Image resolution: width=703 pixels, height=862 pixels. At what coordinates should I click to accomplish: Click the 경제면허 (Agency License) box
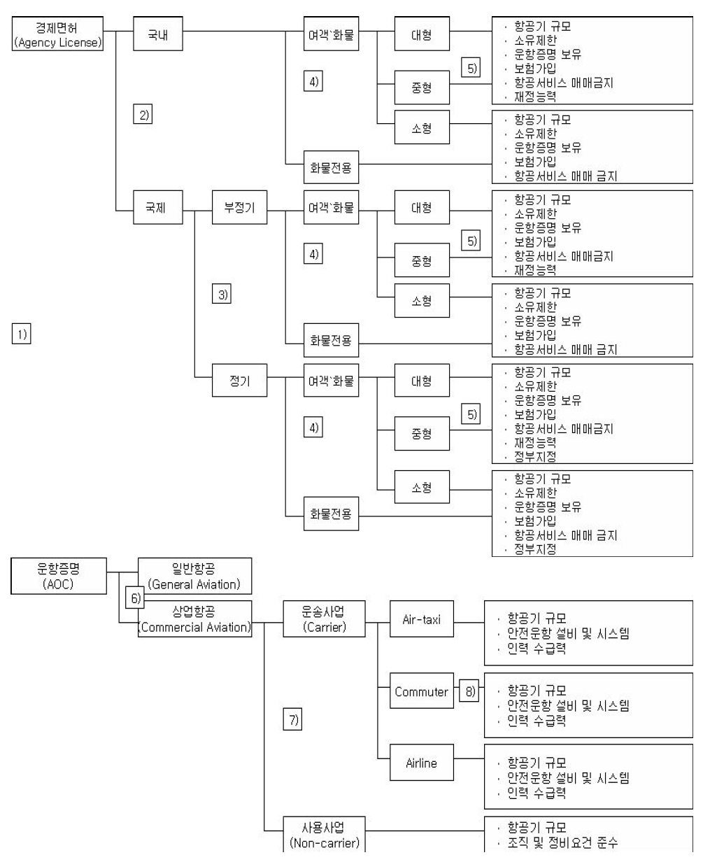[59, 32]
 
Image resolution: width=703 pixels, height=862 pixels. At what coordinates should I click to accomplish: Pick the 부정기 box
[239, 208]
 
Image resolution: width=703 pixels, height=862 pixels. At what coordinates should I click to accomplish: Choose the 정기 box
[239, 382]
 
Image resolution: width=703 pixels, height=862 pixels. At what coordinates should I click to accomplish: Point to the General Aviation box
[194, 576]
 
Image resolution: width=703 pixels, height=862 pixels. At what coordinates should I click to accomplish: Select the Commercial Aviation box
[194, 619]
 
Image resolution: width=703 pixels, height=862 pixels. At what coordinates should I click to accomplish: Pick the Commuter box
[421, 691]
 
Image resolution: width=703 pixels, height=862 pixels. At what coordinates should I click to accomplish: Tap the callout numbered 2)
[143, 114]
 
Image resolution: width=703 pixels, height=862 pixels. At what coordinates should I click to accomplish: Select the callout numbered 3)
[221, 294]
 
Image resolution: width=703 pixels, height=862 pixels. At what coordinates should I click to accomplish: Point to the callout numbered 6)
[133, 597]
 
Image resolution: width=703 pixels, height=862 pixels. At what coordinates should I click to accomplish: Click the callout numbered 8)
[467, 691]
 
